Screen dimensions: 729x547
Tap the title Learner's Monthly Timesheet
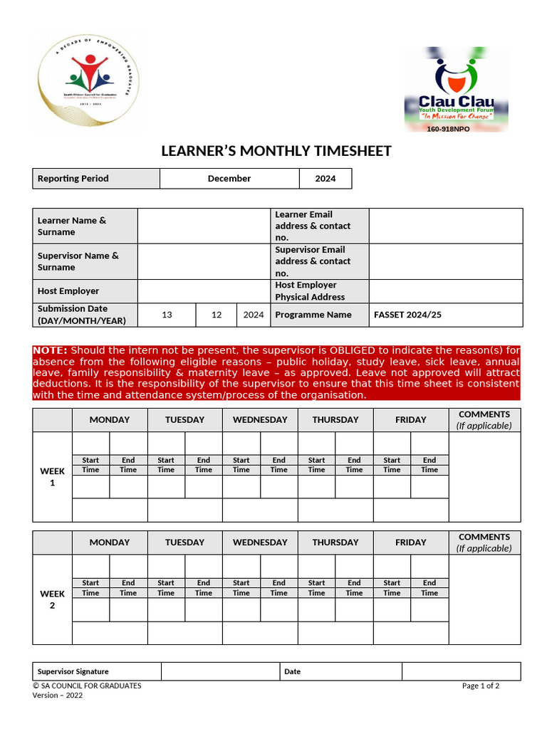point(276,151)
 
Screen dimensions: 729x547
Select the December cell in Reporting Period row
point(229,179)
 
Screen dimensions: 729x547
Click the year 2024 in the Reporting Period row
point(325,179)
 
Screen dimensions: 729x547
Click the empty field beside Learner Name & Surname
point(204,226)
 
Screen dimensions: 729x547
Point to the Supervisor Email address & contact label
point(313,261)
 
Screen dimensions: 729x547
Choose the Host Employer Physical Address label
point(311,291)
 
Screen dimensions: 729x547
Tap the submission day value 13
point(167,315)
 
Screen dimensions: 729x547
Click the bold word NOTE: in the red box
point(51,350)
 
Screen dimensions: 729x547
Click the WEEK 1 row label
point(52,477)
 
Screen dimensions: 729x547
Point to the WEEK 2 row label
point(52,599)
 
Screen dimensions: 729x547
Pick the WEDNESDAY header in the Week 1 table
point(260,420)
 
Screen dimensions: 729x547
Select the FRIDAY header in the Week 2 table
point(411,542)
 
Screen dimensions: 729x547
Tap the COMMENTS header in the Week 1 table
point(484,420)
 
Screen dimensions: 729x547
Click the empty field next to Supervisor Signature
point(220,671)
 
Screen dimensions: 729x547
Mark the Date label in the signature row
point(293,671)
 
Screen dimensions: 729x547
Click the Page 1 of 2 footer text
point(480,686)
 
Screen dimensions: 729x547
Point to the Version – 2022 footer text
point(58,696)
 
